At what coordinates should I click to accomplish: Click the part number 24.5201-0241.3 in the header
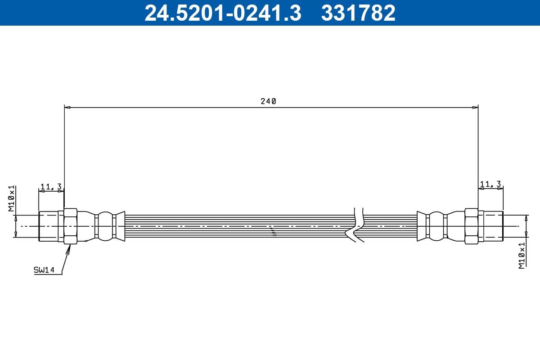click(x=222, y=13)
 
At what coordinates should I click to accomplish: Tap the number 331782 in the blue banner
click(x=358, y=13)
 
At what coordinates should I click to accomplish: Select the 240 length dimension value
click(x=268, y=101)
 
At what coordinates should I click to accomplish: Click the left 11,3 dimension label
click(x=51, y=186)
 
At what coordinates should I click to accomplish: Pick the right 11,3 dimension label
click(x=490, y=184)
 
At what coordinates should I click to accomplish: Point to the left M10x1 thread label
click(x=12, y=198)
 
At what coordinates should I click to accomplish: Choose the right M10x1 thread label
click(x=522, y=256)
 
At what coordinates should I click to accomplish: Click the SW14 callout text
click(x=44, y=270)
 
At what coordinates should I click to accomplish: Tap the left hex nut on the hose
click(x=71, y=226)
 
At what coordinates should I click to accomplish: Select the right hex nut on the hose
click(x=471, y=226)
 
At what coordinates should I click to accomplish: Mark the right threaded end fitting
click(x=490, y=226)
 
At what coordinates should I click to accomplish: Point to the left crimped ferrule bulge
click(x=106, y=226)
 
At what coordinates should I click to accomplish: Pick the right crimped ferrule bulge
click(x=436, y=226)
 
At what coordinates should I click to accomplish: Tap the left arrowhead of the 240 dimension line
click(x=67, y=108)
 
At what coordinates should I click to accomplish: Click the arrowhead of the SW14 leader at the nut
click(x=69, y=247)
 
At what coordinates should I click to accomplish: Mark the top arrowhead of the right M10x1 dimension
click(x=526, y=217)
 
